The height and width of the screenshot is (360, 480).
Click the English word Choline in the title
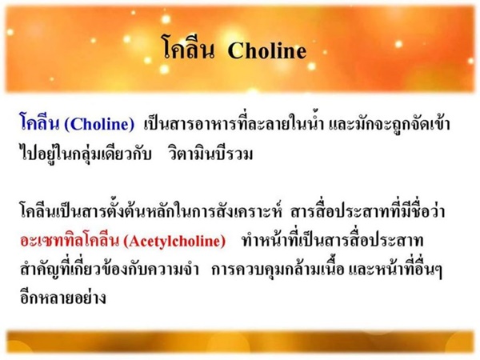point(267,50)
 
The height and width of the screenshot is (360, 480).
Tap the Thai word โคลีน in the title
point(188,48)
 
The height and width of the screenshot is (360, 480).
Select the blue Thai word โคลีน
point(39,122)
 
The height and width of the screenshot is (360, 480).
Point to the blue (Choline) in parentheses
point(99,124)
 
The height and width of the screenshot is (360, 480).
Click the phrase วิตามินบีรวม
point(210,153)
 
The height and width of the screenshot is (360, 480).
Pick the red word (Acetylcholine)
point(174,242)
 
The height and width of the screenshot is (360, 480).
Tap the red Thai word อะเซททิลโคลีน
point(70,241)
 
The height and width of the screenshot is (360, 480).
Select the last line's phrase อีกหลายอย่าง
point(63,296)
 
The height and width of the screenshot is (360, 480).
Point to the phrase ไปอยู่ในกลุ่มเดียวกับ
point(86,153)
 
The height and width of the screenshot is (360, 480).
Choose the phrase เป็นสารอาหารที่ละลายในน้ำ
point(234,124)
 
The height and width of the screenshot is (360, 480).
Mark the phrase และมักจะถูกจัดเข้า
point(390,124)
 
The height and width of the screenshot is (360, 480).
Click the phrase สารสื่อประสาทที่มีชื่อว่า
point(368,210)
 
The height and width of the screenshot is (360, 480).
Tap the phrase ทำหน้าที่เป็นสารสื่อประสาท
point(332,240)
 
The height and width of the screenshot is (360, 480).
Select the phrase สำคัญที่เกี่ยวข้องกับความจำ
point(110,269)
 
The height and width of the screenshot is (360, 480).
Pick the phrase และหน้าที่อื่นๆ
point(396,269)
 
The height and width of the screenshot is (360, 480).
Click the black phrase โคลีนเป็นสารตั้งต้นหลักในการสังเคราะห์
point(150,210)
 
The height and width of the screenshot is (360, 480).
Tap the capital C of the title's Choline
point(236,50)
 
